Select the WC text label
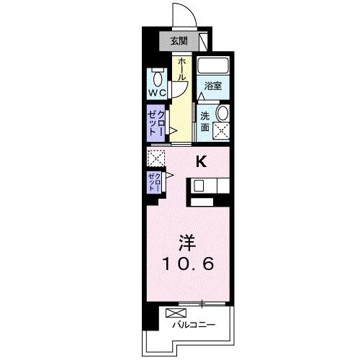(x=158, y=93)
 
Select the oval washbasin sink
(x=222, y=113)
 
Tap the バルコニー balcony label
(x=194, y=325)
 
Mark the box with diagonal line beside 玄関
(x=203, y=41)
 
